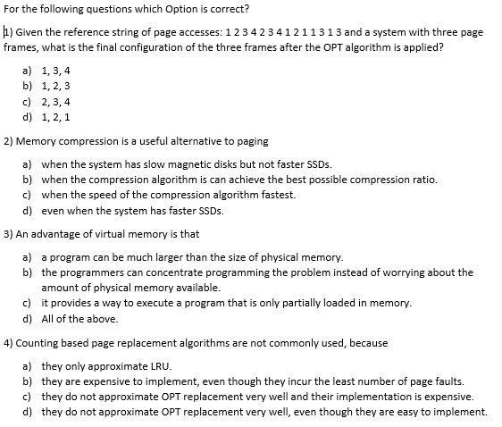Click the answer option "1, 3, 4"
tap(55, 70)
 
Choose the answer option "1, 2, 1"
tap(55, 116)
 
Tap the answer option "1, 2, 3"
tap(55, 86)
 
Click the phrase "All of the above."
tap(80, 319)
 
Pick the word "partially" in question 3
tap(301, 303)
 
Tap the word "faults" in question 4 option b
tap(447, 381)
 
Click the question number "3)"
tap(8, 235)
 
